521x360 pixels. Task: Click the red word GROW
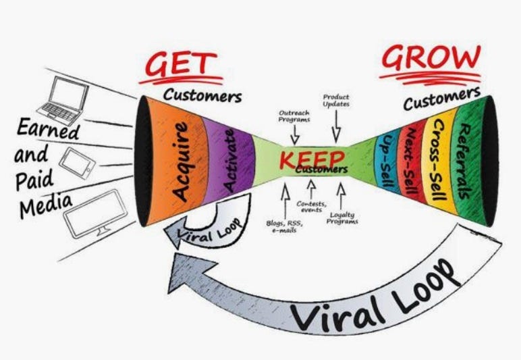[x=431, y=57]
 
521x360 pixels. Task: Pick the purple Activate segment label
[x=230, y=161]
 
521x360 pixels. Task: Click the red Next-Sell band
[x=412, y=161]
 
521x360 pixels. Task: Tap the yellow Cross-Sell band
[x=438, y=160]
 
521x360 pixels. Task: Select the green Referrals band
[x=467, y=161]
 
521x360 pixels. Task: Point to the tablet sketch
[x=77, y=163]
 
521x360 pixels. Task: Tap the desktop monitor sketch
[x=96, y=213]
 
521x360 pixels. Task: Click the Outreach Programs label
[x=294, y=116]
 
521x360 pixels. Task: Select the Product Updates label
[x=336, y=101]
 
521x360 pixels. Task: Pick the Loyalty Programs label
[x=342, y=218]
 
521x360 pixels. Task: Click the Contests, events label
[x=311, y=207]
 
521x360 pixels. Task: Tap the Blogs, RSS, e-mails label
[x=284, y=226]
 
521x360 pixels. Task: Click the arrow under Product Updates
[x=336, y=126]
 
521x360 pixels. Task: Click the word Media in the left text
[x=46, y=205]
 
